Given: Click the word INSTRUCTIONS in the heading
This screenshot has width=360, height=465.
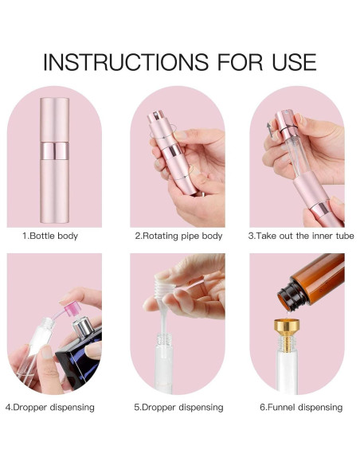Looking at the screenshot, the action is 126,62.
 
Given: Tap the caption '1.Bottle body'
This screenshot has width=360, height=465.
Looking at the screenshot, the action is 50,236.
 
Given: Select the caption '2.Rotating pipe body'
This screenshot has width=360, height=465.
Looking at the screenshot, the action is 178,236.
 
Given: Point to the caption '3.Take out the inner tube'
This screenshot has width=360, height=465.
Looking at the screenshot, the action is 301,236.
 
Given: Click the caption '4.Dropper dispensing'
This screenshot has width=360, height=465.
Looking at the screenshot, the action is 50,407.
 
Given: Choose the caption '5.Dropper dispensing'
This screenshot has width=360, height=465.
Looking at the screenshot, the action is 178,407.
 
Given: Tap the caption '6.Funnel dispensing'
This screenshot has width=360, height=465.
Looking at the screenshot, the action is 301,407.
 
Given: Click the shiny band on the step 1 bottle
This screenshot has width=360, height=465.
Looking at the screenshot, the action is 55,151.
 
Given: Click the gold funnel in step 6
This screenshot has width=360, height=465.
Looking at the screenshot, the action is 287,334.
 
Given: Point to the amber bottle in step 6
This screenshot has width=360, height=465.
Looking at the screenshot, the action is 311,282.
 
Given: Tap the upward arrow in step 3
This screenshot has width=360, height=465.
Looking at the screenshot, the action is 269,130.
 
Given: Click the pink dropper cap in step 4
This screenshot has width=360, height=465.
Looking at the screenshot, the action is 71,309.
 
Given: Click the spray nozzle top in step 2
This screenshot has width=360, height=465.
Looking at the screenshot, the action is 155,116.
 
